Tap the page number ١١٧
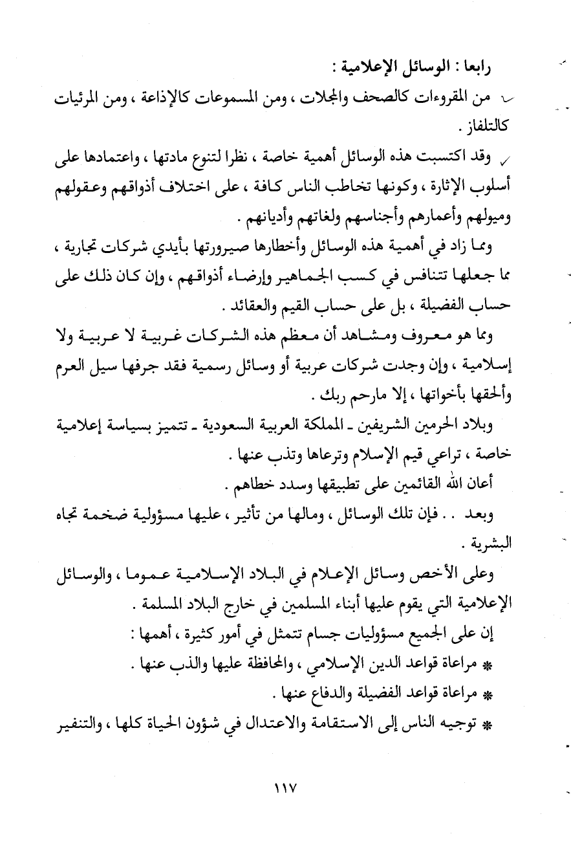click(x=285, y=789)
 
